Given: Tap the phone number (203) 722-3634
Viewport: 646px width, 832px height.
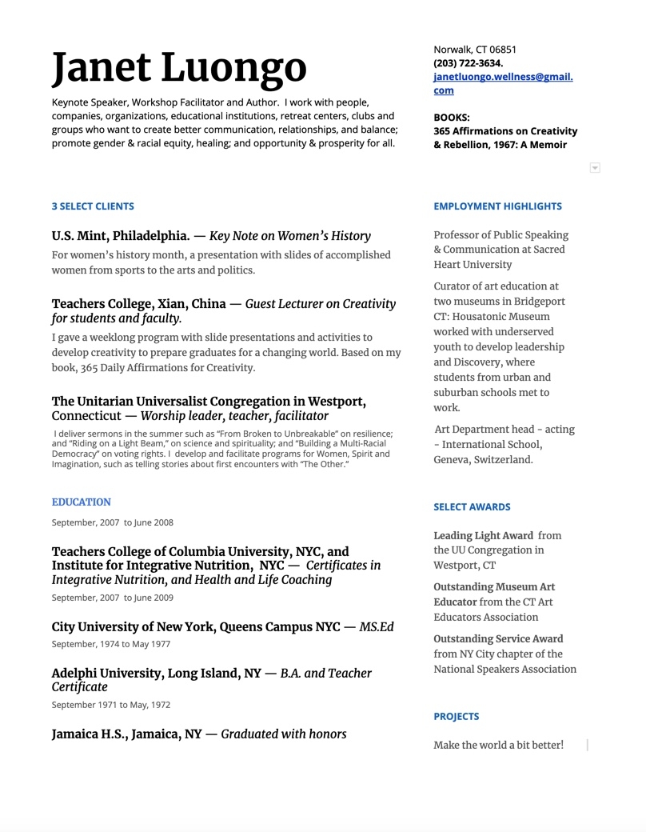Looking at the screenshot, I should pyautogui.click(x=469, y=63).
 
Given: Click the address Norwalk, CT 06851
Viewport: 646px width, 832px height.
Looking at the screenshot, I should pyautogui.click(x=475, y=50).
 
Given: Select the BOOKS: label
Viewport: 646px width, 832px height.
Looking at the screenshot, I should pyautogui.click(x=452, y=117).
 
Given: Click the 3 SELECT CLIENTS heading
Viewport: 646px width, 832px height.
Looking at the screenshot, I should pyautogui.click(x=93, y=206).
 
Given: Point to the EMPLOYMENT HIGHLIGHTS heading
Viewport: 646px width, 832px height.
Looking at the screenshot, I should pyautogui.click(x=497, y=206).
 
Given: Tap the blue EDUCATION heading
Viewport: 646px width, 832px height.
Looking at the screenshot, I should pyautogui.click(x=82, y=502).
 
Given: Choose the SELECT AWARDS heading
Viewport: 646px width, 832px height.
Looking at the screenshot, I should pyautogui.click(x=472, y=507).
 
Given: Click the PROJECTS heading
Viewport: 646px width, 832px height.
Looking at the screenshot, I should pyautogui.click(x=457, y=717).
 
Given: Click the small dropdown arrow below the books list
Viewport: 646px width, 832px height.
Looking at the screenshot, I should pyautogui.click(x=594, y=168).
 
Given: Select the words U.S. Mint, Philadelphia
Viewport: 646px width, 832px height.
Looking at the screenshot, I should pyautogui.click(x=121, y=236).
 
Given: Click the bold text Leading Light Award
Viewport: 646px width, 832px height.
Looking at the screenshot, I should pyautogui.click(x=483, y=535).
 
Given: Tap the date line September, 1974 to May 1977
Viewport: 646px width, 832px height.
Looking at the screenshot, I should pyautogui.click(x=111, y=644).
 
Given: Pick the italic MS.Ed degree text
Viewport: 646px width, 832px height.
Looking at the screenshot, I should pyautogui.click(x=377, y=627).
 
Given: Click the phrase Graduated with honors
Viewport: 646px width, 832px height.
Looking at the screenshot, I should pyautogui.click(x=284, y=734).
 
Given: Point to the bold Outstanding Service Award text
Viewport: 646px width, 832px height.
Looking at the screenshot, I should pyautogui.click(x=498, y=638).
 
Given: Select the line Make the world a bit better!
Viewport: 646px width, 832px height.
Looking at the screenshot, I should pyautogui.click(x=498, y=745).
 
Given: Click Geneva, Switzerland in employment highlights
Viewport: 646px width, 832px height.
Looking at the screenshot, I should pyautogui.click(x=483, y=460).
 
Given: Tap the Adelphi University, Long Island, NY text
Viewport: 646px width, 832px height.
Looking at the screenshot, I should pyautogui.click(x=156, y=674).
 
